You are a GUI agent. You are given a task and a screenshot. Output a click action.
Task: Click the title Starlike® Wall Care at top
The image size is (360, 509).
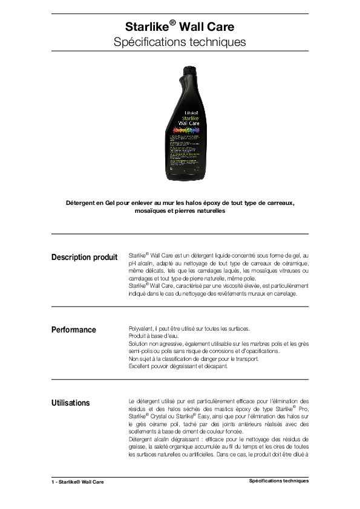click(x=180, y=27)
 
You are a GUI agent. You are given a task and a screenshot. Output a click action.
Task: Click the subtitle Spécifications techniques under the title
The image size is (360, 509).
click(x=180, y=42)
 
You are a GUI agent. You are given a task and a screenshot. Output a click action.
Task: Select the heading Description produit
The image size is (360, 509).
click(x=85, y=258)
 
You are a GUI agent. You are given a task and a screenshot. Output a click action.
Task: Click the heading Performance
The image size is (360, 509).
click(x=74, y=329)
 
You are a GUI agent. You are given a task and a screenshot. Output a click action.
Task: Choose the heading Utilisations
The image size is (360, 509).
click(x=71, y=403)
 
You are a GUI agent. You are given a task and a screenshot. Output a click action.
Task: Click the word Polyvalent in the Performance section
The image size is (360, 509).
click(x=140, y=328)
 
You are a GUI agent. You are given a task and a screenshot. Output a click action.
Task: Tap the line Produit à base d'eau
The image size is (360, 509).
click(x=151, y=336)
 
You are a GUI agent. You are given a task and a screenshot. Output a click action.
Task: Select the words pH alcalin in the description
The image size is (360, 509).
click(x=143, y=264)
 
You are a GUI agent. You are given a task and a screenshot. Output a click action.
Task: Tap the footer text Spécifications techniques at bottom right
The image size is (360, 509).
click(x=279, y=481)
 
